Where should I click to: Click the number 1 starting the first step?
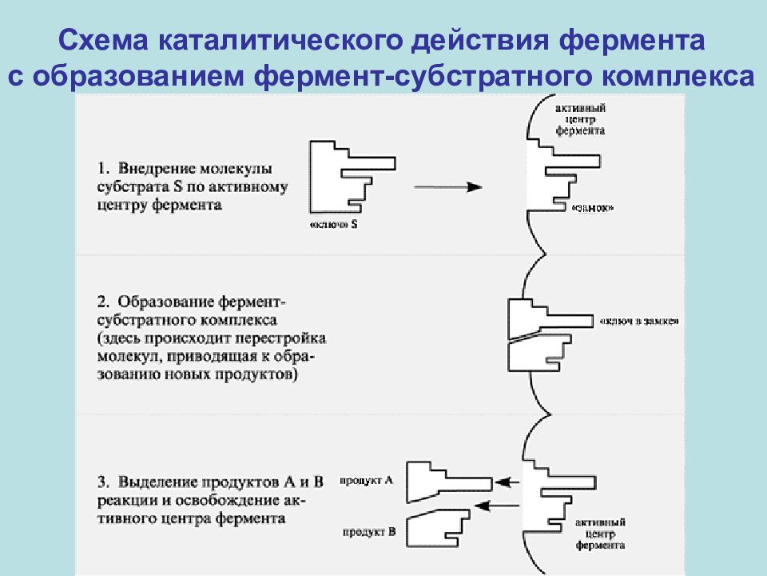(102, 169)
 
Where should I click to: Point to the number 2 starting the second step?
(102, 302)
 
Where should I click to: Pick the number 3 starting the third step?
(102, 482)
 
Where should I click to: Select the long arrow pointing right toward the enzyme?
(448, 186)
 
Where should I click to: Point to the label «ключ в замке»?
(638, 321)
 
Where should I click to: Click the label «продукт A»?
(365, 481)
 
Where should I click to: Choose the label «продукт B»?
(365, 531)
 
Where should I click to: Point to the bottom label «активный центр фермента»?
(600, 533)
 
